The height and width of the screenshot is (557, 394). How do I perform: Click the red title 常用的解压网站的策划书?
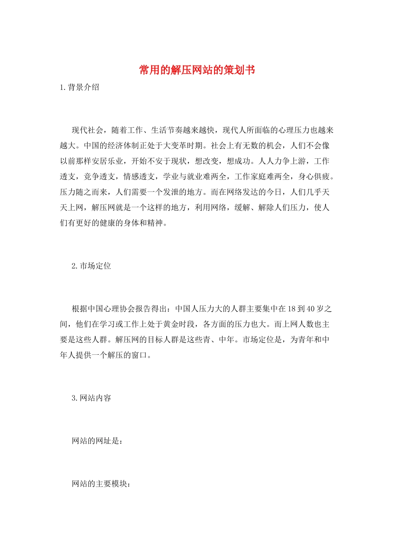pos(197,70)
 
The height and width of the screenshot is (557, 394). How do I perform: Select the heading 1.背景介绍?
pos(80,87)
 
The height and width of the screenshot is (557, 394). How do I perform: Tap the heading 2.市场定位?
pos(91,266)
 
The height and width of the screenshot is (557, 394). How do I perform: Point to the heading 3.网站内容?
pos(91,398)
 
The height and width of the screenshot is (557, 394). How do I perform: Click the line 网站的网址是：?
pos(97,441)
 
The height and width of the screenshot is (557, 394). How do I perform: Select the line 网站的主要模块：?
pos(101,484)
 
